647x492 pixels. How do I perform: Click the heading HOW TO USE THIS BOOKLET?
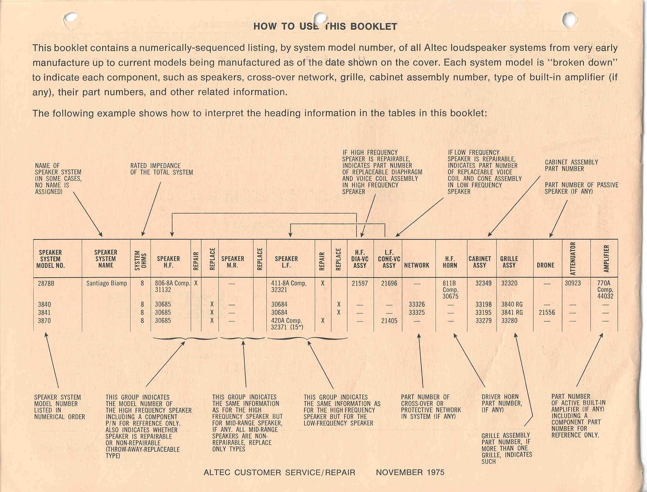[x=325, y=26]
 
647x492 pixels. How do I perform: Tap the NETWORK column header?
[x=417, y=265]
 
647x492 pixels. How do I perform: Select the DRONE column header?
[x=545, y=265]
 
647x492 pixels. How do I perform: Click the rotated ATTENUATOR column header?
[x=573, y=258]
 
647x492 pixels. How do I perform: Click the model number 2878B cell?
[x=46, y=283]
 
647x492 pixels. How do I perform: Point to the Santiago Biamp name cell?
[x=107, y=283]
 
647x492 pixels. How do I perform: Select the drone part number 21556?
[x=547, y=313]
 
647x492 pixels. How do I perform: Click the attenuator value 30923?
[x=573, y=283]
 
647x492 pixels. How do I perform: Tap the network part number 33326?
[x=417, y=304]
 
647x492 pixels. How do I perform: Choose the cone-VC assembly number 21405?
[x=389, y=321]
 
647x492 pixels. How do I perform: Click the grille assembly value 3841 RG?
[x=512, y=313]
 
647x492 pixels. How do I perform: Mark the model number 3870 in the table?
[x=44, y=321]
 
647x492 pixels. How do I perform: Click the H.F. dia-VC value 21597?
[x=360, y=283]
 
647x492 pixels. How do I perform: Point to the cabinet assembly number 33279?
[x=483, y=321]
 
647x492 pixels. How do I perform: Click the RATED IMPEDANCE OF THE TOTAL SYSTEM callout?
[x=162, y=169]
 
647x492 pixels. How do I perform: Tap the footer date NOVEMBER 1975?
[x=410, y=472]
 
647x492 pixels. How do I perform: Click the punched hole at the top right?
[x=570, y=19]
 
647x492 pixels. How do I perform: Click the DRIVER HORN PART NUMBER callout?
[x=502, y=403]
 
